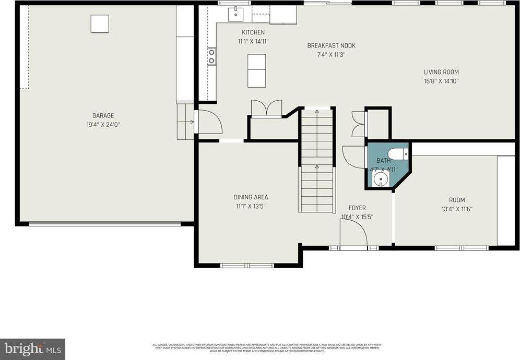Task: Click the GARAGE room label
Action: [103, 116]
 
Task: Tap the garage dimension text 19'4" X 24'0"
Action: [103, 125]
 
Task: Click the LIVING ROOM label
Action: [441, 72]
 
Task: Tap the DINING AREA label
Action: [251, 197]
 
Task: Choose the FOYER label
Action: [357, 208]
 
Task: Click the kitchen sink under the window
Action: [235, 14]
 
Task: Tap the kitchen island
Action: [256, 70]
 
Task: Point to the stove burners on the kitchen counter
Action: [211, 56]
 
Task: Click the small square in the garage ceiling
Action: [100, 24]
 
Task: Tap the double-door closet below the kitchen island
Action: [266, 109]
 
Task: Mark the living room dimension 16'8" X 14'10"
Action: [441, 81]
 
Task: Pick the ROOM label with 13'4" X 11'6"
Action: [457, 200]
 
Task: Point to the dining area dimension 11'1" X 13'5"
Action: [251, 206]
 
